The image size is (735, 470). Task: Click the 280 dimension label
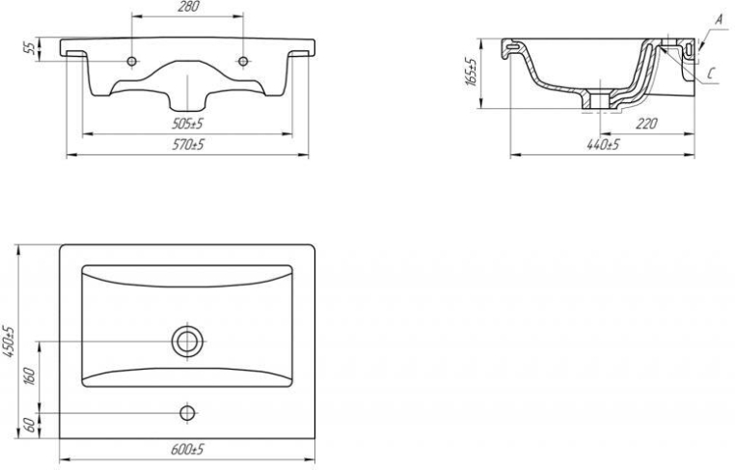[x=188, y=7]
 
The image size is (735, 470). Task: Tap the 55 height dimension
[x=30, y=48]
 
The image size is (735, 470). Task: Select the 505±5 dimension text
[x=187, y=124]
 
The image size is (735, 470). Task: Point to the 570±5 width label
[x=188, y=145]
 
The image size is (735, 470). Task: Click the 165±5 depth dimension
[x=471, y=71]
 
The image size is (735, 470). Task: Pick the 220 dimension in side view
[x=647, y=124]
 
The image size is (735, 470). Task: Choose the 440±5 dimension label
[x=603, y=145]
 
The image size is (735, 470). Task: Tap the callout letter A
[x=719, y=19]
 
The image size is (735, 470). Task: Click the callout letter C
[x=711, y=73]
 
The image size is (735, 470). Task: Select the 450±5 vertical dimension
[x=9, y=342]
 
